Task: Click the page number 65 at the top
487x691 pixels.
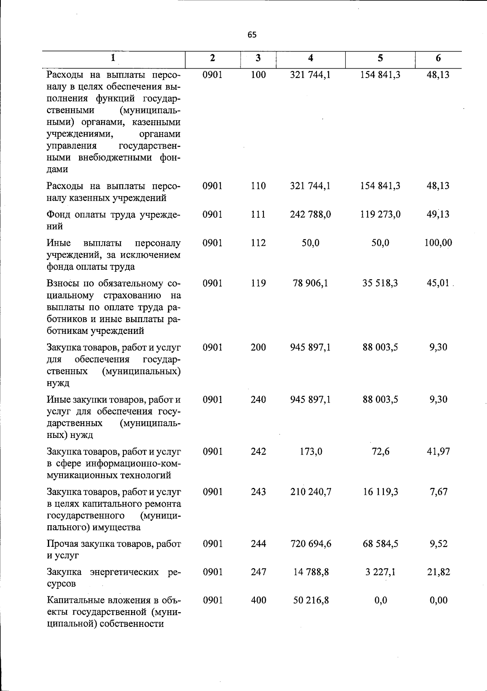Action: (252, 35)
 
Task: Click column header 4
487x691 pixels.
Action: (310, 58)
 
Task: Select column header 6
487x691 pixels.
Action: (438, 58)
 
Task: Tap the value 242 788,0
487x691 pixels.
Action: (310, 214)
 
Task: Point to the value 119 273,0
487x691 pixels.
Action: (380, 214)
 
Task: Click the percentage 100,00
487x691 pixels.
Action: (438, 243)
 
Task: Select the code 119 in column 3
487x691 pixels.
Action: (258, 283)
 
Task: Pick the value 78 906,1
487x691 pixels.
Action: (310, 283)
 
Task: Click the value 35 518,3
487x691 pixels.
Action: (380, 283)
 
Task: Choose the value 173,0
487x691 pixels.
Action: (310, 451)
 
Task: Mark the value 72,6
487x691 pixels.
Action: (380, 451)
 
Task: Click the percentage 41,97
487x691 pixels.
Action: (438, 451)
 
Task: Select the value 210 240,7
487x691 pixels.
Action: (310, 492)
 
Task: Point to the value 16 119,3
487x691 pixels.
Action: (380, 492)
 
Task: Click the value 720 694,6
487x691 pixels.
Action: (310, 544)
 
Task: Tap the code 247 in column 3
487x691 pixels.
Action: (258, 572)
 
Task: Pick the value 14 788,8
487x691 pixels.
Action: (310, 572)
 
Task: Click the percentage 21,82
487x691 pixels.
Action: (438, 572)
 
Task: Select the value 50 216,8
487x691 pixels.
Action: (310, 600)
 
